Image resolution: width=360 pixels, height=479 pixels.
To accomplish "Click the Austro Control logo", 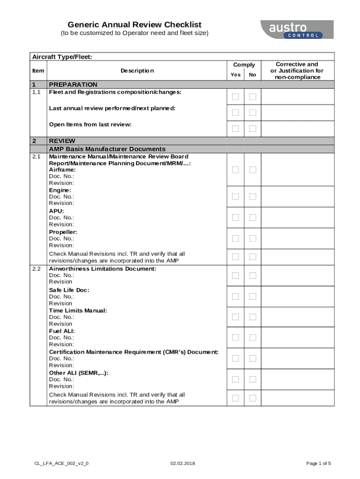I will [x=297, y=29].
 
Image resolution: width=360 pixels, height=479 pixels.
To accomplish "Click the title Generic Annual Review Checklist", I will [x=135, y=24].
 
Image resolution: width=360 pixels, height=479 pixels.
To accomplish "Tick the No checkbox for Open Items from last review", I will [x=252, y=129].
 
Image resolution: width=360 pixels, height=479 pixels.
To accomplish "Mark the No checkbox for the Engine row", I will [x=252, y=196].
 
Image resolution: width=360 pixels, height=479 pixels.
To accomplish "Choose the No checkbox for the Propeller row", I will [x=252, y=238].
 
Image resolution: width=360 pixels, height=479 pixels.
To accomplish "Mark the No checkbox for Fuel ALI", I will [x=252, y=337].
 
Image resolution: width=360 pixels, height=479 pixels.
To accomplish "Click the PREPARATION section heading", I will [x=73, y=85].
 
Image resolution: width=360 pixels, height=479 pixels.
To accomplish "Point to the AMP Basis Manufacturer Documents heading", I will [x=107, y=149].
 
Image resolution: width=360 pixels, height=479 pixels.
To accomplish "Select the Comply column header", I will [x=244, y=65].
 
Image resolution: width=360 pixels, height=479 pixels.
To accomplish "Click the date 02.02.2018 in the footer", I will [x=183, y=463].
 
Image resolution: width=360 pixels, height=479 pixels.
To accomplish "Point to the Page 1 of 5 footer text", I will [x=318, y=463].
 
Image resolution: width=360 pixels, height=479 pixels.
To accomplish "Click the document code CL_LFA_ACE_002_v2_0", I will [x=61, y=463].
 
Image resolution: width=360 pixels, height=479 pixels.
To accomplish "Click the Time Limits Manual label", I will [x=78, y=311].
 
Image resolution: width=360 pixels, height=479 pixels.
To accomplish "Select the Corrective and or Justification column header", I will [x=297, y=71].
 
